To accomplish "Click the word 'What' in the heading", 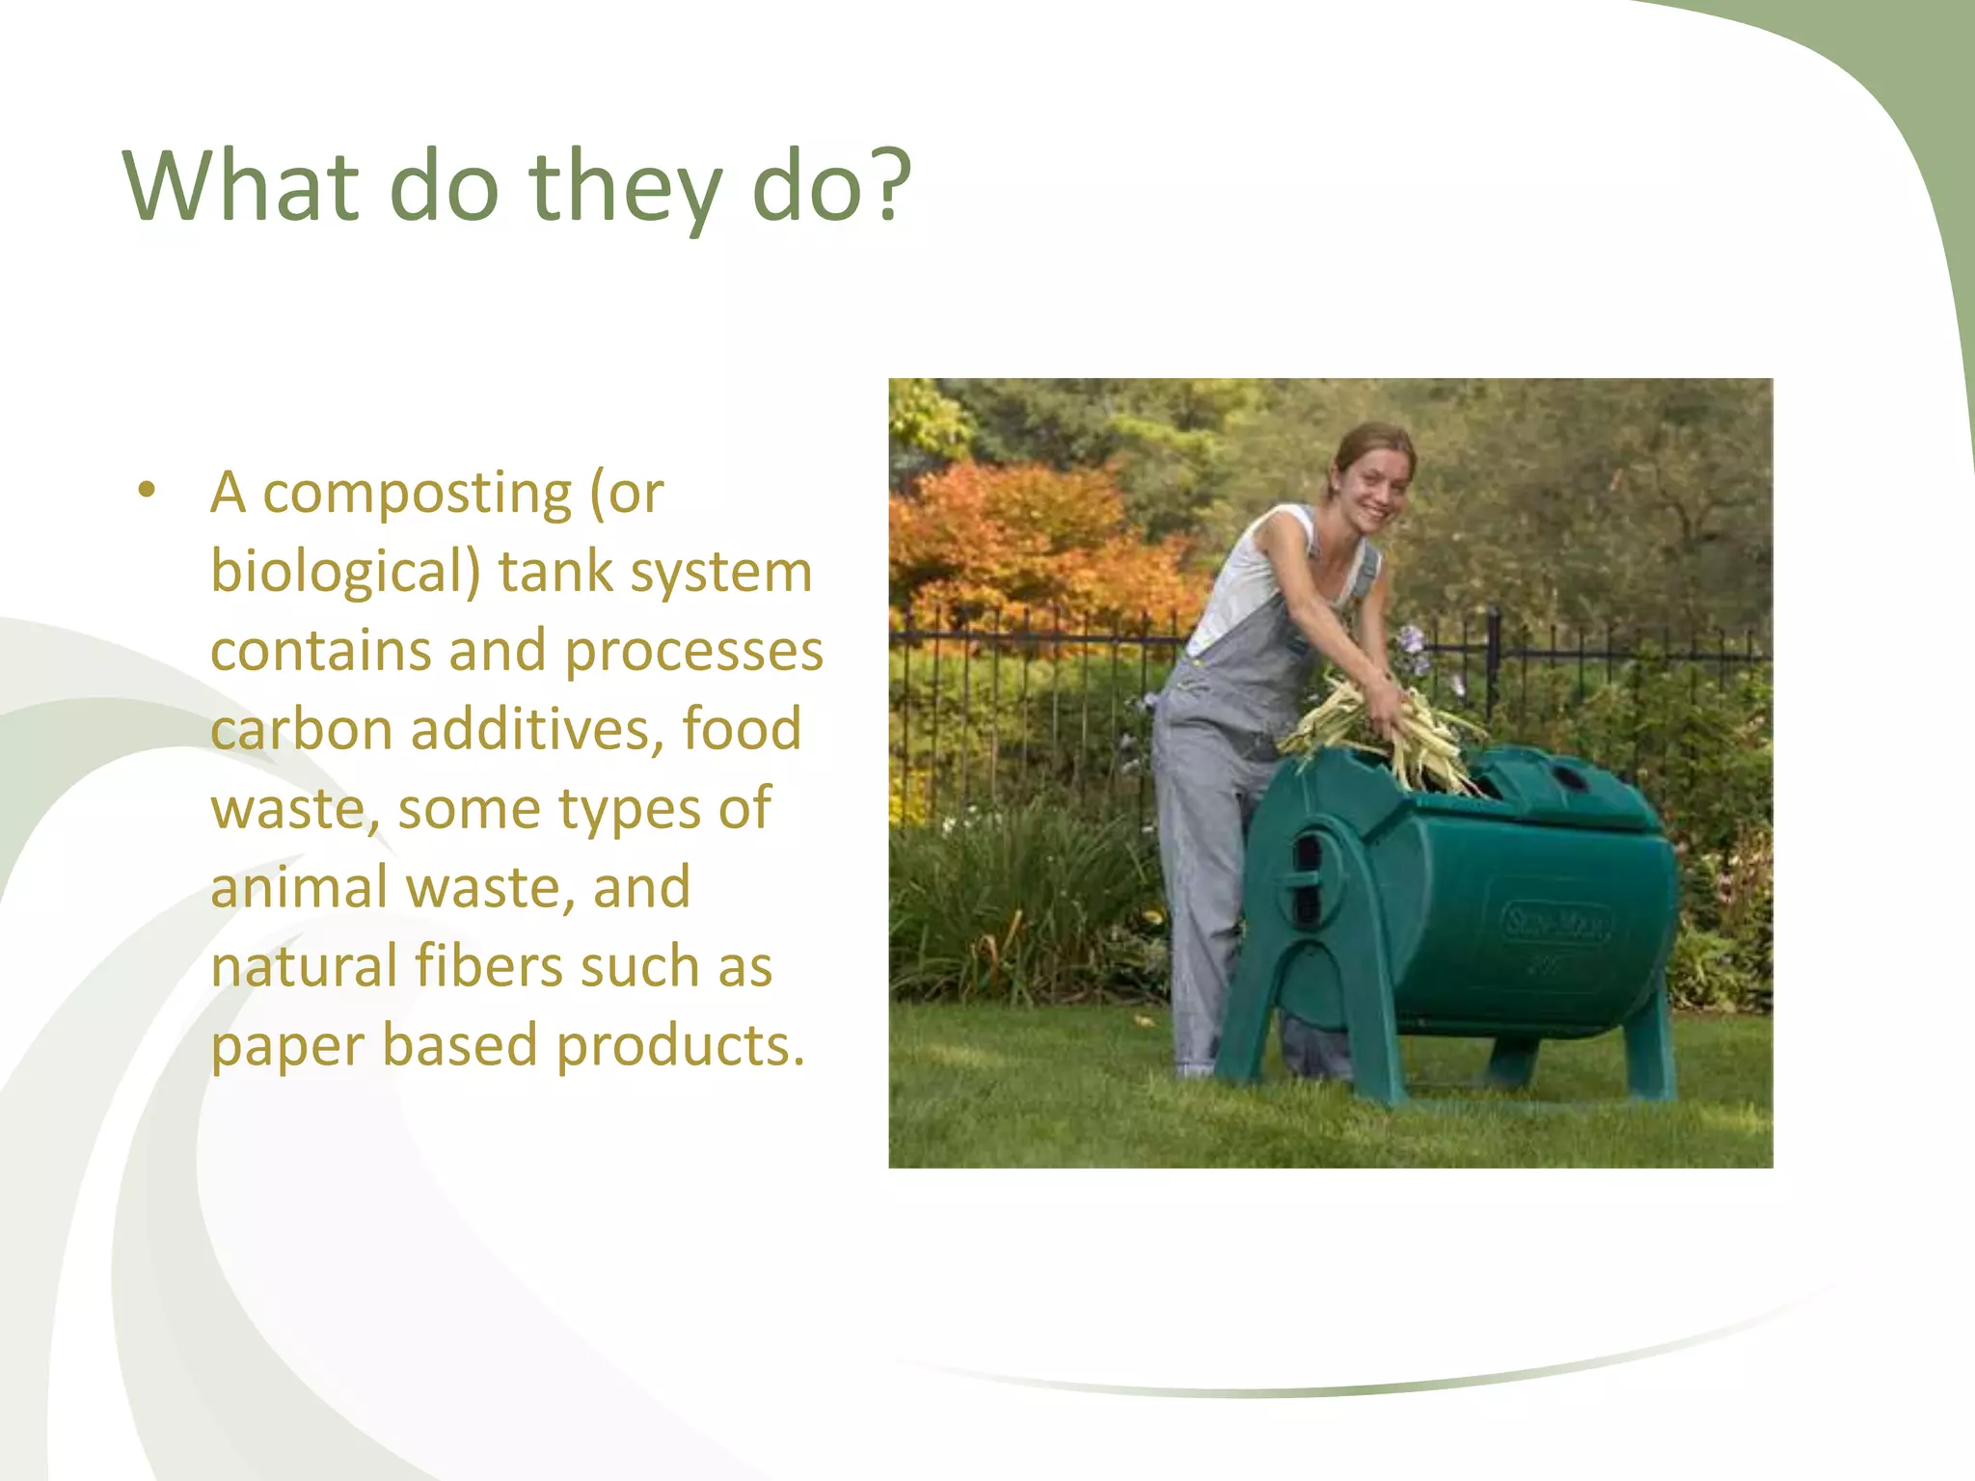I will (240, 185).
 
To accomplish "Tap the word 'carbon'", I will (300, 729).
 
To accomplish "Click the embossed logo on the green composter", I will (1555, 925).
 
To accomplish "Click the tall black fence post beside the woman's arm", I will (1493, 656).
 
